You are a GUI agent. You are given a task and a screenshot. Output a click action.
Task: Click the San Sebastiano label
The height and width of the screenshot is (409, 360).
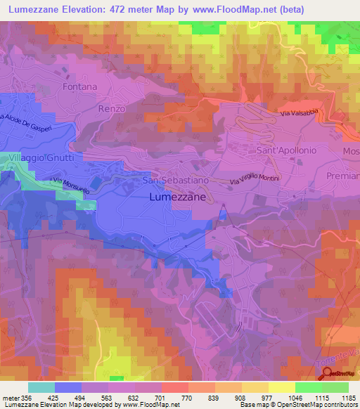pos(176,181)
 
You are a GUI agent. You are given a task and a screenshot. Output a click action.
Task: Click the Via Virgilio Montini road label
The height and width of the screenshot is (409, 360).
pos(255,178)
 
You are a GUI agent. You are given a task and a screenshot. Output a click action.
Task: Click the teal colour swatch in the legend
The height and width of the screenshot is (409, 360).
pos(41,387)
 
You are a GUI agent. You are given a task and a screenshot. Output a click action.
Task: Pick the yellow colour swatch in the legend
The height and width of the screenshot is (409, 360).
pos(281,387)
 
